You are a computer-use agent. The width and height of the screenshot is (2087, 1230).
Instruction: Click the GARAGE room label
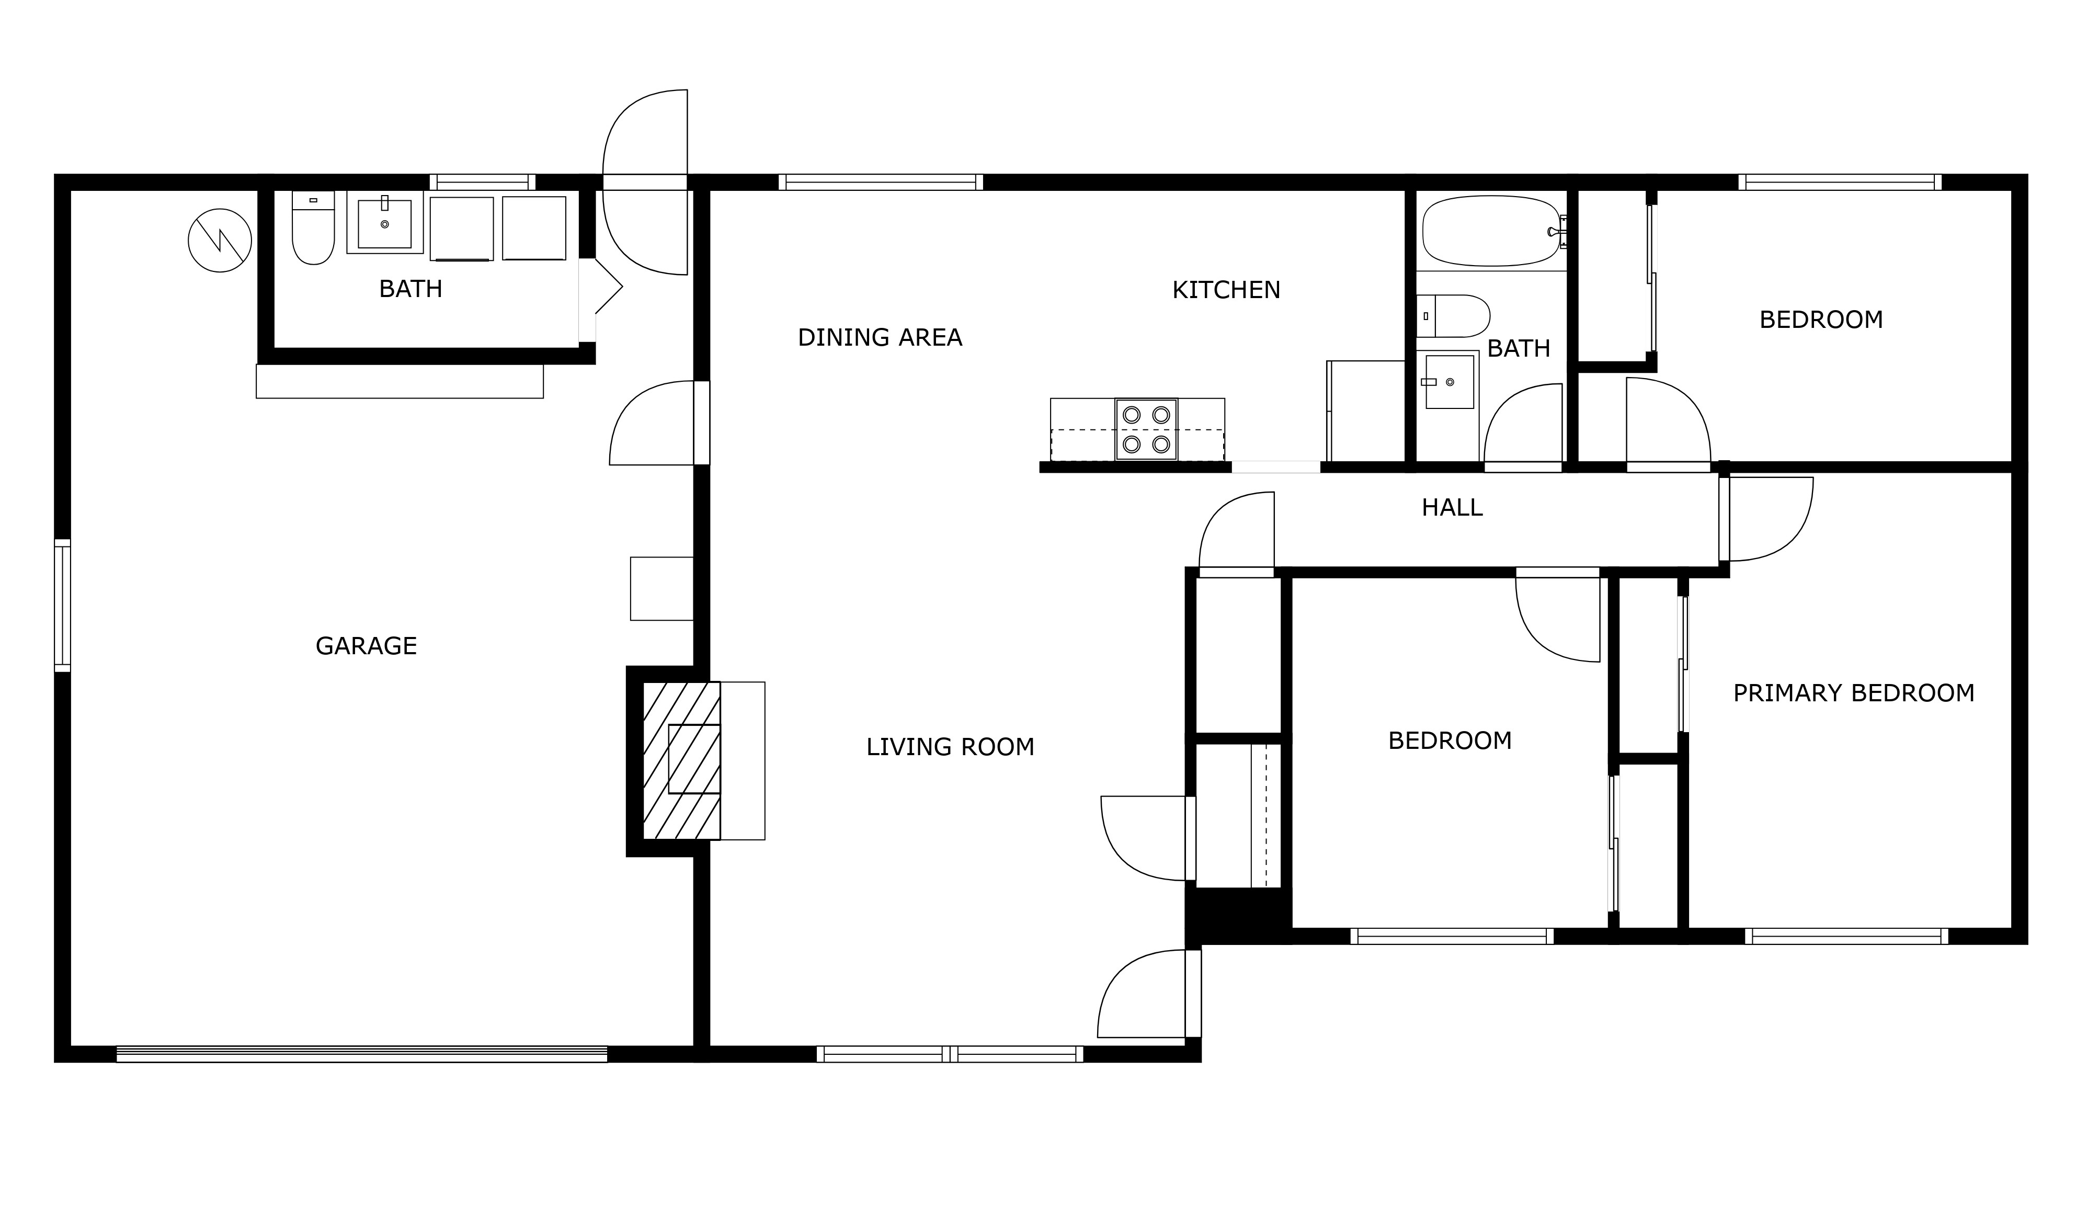click(367, 646)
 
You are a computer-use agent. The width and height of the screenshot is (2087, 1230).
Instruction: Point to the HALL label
click(1452, 507)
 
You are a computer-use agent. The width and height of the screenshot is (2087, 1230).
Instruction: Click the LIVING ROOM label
click(950, 747)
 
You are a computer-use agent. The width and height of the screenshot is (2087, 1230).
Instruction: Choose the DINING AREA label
click(880, 337)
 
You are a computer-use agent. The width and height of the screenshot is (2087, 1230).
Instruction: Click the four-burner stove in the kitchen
click(1146, 429)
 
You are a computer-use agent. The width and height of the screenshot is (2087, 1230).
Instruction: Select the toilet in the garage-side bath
click(313, 228)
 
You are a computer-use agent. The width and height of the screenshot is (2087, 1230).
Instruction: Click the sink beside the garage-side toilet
click(384, 222)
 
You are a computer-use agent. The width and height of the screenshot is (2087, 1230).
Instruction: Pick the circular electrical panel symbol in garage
click(220, 241)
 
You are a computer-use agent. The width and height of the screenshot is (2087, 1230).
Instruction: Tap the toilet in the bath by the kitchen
click(1452, 316)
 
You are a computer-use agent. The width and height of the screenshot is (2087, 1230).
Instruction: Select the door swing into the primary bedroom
click(1768, 520)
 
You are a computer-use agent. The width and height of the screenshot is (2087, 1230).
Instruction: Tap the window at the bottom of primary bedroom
click(1846, 937)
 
